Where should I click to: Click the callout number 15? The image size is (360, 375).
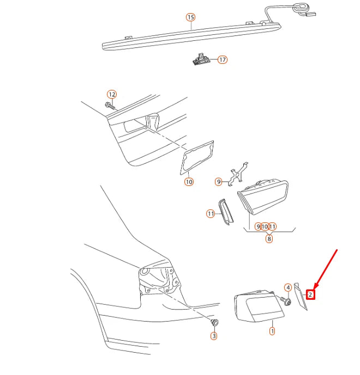click(x=190, y=17)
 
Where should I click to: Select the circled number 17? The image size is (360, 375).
click(x=223, y=59)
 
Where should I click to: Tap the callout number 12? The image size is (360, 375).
click(x=112, y=94)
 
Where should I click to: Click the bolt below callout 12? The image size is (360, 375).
click(x=110, y=106)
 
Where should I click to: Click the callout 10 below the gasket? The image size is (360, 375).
click(x=189, y=182)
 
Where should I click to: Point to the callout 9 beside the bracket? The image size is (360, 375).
click(x=218, y=182)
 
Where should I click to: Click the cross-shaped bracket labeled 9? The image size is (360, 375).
click(x=237, y=174)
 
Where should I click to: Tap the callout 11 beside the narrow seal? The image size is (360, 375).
click(x=211, y=214)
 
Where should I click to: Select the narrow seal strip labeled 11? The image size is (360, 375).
click(x=225, y=212)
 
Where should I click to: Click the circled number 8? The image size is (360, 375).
click(x=269, y=239)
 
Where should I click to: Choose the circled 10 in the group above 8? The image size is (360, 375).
click(x=265, y=227)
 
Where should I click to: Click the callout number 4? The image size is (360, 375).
click(x=288, y=288)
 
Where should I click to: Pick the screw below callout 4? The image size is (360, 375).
click(x=286, y=301)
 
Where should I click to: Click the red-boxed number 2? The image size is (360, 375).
click(x=310, y=294)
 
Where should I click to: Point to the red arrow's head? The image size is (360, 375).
click(x=315, y=288)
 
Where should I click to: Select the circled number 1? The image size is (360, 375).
click(x=272, y=331)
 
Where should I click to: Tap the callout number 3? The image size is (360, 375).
click(x=214, y=336)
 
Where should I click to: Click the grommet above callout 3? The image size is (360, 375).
click(x=215, y=322)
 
